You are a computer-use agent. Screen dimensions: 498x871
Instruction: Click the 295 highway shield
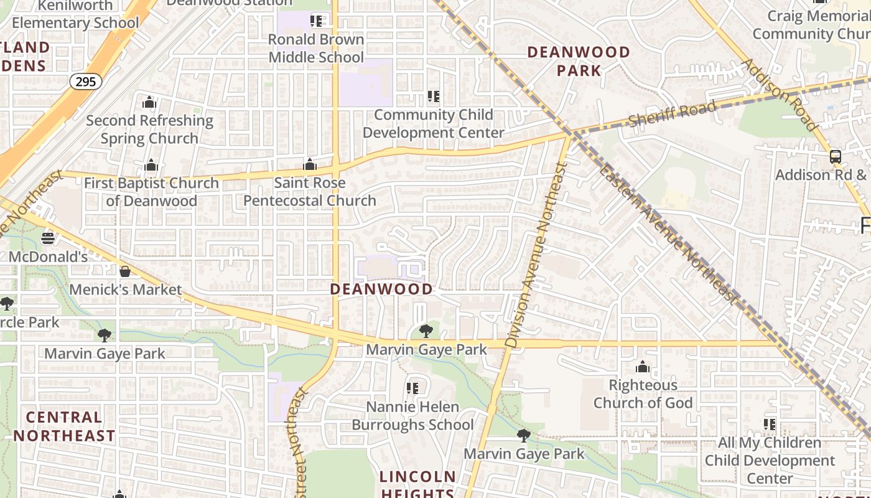coord(85,81)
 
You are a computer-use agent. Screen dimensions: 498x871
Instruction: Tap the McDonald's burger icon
coord(47,238)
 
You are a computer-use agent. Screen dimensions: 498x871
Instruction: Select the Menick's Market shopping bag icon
coord(125,271)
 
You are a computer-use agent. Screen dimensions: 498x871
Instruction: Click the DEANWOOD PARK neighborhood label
coord(579,61)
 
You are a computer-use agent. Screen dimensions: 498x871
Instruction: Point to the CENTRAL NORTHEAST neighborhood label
coord(65,426)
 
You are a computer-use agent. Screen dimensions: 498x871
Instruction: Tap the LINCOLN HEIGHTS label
coord(417,485)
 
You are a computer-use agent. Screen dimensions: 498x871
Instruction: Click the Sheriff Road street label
coord(672,114)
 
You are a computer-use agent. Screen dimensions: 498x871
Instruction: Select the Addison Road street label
coord(780,95)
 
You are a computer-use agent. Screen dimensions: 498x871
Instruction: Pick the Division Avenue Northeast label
coord(536,255)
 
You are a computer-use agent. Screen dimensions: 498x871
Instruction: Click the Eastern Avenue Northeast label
coord(669,235)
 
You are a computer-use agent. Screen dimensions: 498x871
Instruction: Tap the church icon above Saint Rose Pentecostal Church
coord(309,165)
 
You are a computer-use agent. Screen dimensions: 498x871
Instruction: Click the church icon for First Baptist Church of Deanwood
coord(151,166)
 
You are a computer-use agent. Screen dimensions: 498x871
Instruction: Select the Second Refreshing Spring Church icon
coord(149,103)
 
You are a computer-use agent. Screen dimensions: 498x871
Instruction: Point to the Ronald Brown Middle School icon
coord(316,21)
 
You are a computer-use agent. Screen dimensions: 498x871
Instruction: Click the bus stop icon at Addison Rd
coord(835,157)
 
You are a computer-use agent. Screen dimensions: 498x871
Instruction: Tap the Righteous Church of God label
coord(643,394)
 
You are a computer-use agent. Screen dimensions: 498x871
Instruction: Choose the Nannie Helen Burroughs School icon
coord(412,388)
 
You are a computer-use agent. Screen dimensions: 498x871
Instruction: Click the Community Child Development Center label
coord(434,123)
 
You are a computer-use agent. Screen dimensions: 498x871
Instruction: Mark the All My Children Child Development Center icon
coord(770,425)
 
